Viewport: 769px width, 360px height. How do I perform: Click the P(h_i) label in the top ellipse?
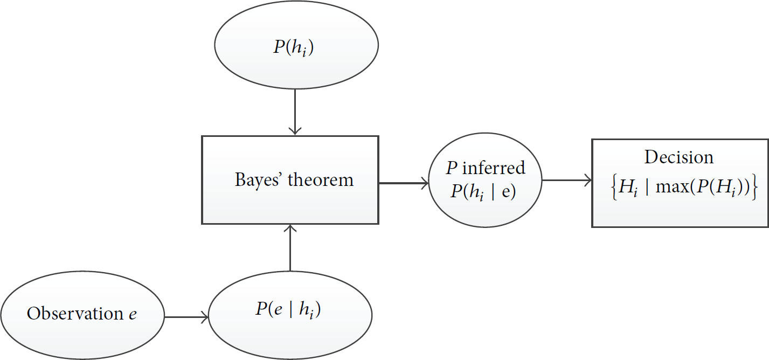[x=294, y=48]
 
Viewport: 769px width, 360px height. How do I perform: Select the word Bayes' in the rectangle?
[x=258, y=180]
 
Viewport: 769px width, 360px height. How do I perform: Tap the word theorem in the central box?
[x=321, y=180]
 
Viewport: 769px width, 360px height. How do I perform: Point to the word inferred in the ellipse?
[x=494, y=168]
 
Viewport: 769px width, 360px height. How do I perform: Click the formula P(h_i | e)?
[x=483, y=191]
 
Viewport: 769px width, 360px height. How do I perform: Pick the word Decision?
[x=678, y=157]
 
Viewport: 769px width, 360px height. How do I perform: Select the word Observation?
[x=75, y=313]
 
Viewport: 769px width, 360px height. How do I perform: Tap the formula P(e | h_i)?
[x=288, y=309]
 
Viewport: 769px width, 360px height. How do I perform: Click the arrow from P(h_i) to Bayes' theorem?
[x=295, y=112]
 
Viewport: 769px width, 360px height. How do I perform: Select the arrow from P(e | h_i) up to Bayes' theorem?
[x=290, y=247]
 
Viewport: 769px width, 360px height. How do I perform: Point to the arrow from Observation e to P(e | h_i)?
[x=186, y=317]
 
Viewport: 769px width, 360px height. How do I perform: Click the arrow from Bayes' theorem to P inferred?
[x=404, y=183]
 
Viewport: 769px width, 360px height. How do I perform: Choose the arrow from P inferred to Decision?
[x=567, y=180]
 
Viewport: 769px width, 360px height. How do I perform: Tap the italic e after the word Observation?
[x=133, y=315]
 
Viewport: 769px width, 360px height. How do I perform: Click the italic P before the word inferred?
[x=452, y=168]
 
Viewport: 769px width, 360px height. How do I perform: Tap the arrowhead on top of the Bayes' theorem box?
[x=295, y=131]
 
